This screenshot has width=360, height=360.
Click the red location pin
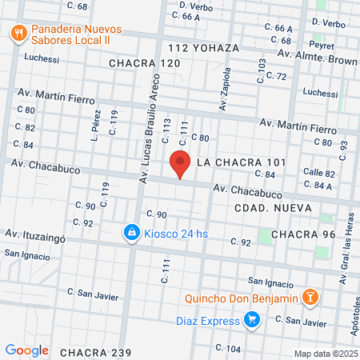[181, 164]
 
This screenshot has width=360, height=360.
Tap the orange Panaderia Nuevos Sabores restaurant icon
[18, 33]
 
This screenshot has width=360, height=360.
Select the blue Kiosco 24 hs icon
[130, 233]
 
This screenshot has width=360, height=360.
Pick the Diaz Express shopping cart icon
[252, 321]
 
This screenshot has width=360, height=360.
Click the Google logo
[26, 350]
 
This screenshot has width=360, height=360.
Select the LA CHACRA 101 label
[241, 162]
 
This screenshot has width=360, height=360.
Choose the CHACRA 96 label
[303, 234]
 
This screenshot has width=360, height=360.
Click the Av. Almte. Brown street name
[318, 60]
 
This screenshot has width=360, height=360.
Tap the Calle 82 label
[318, 173]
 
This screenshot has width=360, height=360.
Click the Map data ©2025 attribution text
[325, 353]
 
